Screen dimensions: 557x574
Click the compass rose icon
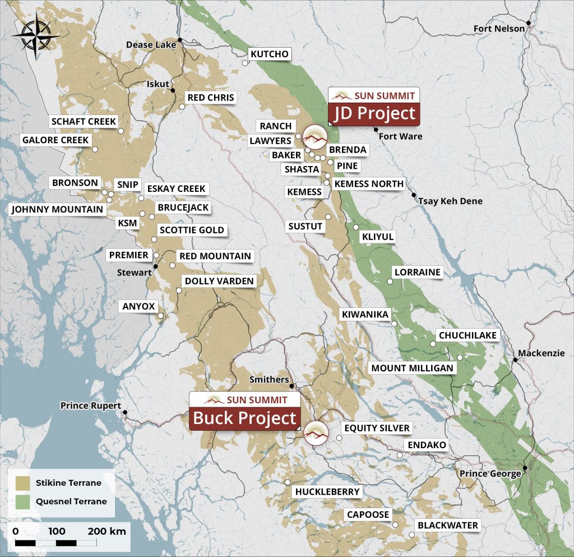tap(36, 36)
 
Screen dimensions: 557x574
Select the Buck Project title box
tap(244, 418)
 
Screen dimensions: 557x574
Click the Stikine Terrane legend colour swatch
tap(23, 483)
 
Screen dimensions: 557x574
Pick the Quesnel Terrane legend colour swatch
tap(23, 501)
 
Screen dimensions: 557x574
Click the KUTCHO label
tap(269, 54)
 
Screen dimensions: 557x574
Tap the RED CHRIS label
tap(211, 98)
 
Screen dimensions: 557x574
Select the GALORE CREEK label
tap(55, 140)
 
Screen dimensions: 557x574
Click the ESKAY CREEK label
tap(176, 188)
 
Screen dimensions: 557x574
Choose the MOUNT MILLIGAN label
tap(412, 368)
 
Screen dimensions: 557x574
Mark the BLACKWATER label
tap(448, 526)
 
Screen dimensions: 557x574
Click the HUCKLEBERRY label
tap(327, 492)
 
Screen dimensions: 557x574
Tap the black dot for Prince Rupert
tap(125, 413)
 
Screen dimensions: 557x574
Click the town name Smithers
tap(269, 380)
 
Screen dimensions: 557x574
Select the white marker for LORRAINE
tap(391, 282)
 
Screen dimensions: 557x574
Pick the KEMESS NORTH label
tap(368, 184)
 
